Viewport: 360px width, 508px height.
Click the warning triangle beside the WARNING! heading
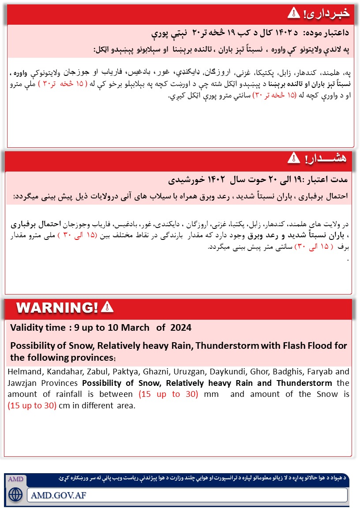[107, 307]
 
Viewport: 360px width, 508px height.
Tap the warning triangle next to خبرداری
[293, 13]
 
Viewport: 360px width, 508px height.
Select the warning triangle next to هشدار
[293, 158]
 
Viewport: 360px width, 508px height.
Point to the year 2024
[180, 328]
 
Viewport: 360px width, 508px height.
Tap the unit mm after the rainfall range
[212, 394]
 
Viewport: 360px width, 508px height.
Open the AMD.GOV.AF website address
[59, 495]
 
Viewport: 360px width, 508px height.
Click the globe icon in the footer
[15, 494]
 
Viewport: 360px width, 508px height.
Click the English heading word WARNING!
[57, 307]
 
